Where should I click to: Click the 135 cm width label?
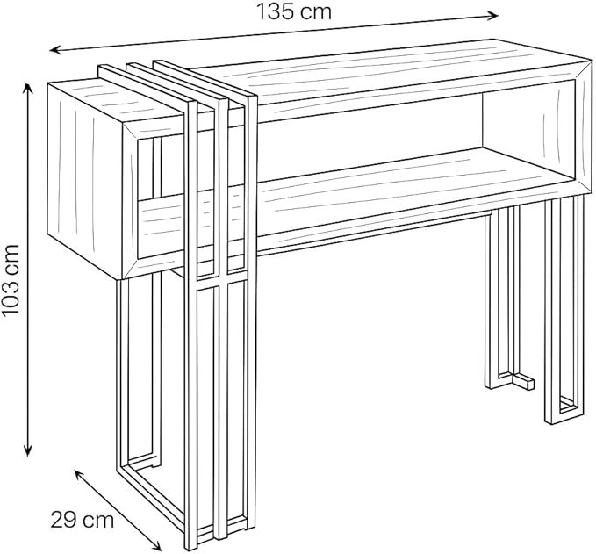tap(294, 11)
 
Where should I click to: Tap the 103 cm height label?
tap(11, 279)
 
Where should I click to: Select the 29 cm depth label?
tap(83, 520)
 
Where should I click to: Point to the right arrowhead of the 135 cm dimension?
tap(492, 15)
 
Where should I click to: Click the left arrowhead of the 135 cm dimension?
tap(56, 50)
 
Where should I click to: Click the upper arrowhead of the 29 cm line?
tap(80, 475)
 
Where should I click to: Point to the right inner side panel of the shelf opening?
tap(528, 133)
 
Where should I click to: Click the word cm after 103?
tap(11, 260)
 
